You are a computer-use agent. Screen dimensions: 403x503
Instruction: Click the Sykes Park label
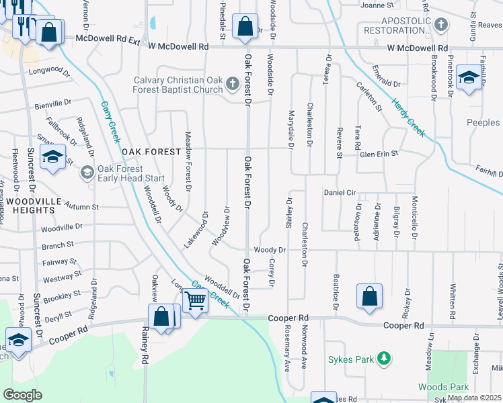tap(350, 359)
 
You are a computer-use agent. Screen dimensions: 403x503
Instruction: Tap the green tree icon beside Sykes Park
tap(384, 359)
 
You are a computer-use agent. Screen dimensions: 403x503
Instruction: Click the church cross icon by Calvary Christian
tap(233, 85)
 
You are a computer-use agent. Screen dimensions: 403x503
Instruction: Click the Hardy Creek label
tap(408, 116)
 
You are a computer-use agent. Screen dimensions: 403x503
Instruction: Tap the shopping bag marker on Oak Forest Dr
tap(245, 27)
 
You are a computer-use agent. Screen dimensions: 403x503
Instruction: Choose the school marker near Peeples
tap(469, 78)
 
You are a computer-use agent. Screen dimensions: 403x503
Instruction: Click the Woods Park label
tap(443, 387)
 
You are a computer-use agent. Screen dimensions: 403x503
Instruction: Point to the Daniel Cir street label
tap(340, 192)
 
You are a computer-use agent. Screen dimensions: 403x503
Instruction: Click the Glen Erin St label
tap(379, 153)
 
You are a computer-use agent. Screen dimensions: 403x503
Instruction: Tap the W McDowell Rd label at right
tap(417, 48)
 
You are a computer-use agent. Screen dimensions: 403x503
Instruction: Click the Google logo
tap(22, 395)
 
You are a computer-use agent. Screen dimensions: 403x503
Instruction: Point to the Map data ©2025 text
tap(474, 398)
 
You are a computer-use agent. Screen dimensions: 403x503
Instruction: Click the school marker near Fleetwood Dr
tap(52, 157)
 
